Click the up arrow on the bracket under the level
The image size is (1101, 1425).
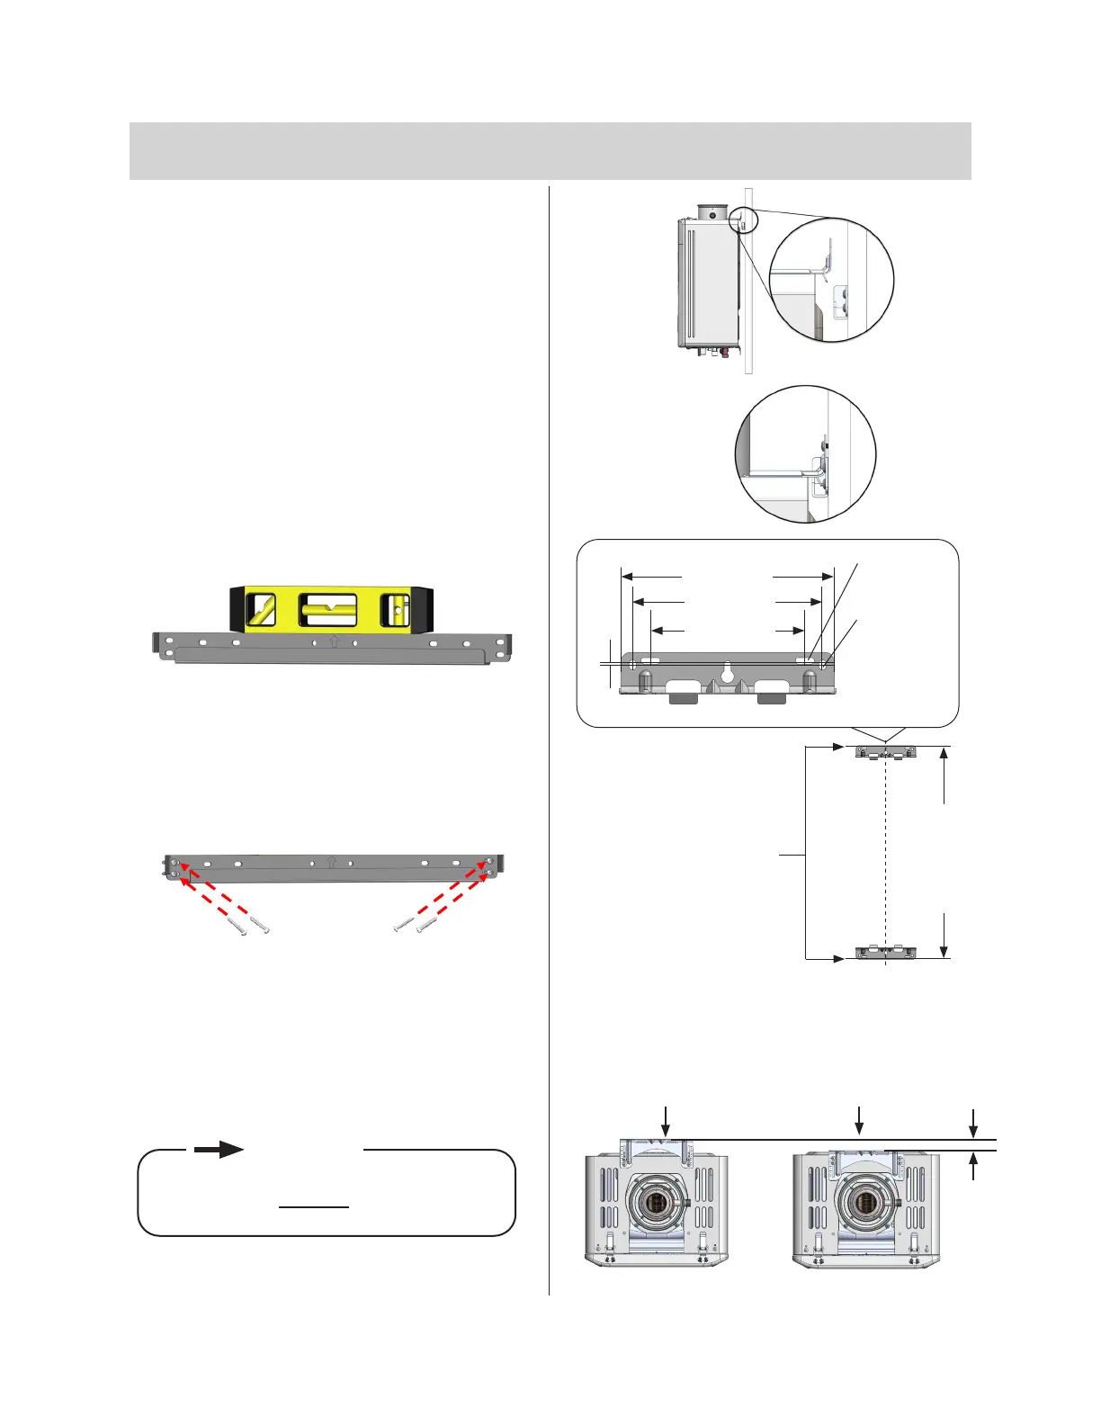tap(333, 642)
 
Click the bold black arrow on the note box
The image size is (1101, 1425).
tap(219, 1150)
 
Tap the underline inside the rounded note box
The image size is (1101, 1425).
tap(313, 1207)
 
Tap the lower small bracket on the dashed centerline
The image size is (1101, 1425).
tap(885, 952)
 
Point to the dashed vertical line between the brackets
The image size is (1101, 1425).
tap(886, 855)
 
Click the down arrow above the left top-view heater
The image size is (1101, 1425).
tap(666, 1119)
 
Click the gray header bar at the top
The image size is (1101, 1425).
tap(550, 151)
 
